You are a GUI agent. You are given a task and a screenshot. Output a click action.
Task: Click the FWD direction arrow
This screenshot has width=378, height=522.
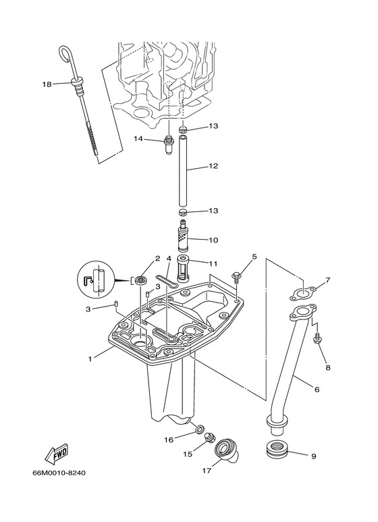[x=57, y=454]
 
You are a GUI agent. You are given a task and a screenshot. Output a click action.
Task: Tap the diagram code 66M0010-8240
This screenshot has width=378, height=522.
[x=59, y=473]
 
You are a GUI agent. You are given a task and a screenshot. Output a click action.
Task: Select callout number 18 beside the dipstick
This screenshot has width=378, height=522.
[x=47, y=84]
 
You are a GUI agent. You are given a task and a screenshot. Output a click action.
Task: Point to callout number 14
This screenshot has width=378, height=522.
[x=138, y=138]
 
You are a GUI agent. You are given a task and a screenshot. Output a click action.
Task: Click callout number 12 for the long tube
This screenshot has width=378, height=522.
[x=213, y=166]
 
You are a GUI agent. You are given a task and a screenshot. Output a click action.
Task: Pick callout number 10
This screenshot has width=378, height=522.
[x=213, y=240]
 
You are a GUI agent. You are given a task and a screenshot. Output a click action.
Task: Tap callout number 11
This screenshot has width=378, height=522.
[x=213, y=263]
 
